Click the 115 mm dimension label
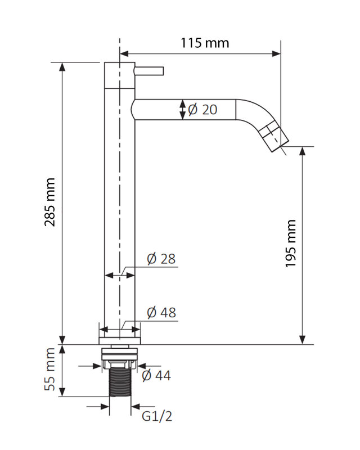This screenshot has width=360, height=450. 205,43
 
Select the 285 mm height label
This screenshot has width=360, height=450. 50,202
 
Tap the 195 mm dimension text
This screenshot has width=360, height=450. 290,244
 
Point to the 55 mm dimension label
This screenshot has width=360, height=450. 50,369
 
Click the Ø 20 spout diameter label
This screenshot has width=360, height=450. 202,109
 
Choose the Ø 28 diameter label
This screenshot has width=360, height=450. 161,259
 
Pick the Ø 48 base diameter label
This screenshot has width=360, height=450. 161,312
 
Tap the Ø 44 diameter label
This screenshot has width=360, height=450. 156,375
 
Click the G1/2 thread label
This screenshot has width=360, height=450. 157,416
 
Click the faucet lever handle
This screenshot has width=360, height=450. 148,71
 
